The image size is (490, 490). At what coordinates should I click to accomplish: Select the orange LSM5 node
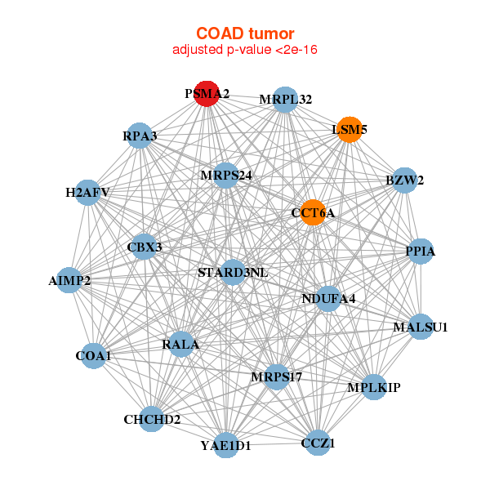(x=350, y=130)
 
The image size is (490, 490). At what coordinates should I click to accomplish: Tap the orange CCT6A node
(x=313, y=213)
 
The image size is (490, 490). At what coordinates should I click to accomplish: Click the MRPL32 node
(x=285, y=100)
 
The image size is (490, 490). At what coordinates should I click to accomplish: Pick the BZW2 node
(x=404, y=180)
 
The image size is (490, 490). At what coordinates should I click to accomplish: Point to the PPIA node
(x=420, y=252)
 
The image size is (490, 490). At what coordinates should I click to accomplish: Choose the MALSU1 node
(x=420, y=327)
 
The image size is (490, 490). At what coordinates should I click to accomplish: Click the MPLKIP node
(x=373, y=387)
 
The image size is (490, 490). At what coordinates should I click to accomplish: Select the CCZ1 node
(x=318, y=443)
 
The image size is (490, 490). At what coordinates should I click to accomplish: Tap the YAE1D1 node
(x=226, y=446)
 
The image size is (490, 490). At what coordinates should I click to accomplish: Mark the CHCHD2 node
(x=152, y=420)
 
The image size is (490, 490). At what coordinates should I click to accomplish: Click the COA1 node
(x=93, y=356)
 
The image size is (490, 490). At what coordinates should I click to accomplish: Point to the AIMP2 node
(x=69, y=281)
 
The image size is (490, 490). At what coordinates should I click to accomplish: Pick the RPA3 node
(x=140, y=136)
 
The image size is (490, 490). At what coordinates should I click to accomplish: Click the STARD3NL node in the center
(x=233, y=272)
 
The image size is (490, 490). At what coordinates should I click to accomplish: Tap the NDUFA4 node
(x=328, y=298)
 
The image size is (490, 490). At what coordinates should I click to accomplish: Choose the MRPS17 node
(x=277, y=376)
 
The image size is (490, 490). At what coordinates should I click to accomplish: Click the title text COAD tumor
(x=245, y=33)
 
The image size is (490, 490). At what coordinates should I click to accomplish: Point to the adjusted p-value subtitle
(x=245, y=51)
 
